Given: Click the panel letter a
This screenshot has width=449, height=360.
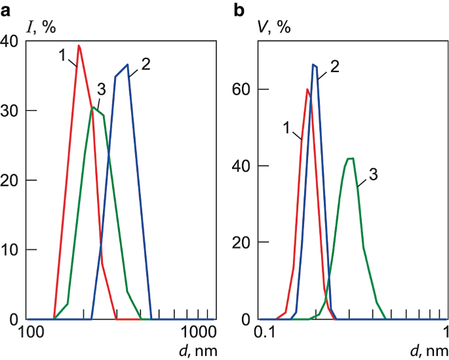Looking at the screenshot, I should pyautogui.click(x=7, y=9).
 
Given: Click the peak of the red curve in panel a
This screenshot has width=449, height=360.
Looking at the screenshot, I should pyautogui.click(x=79, y=45).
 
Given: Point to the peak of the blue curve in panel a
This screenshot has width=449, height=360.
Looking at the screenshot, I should pyautogui.click(x=127, y=64).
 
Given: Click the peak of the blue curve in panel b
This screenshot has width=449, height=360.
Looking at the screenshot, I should pyautogui.click(x=314, y=64).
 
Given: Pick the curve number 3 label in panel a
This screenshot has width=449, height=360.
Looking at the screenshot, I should pyautogui.click(x=100, y=89).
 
